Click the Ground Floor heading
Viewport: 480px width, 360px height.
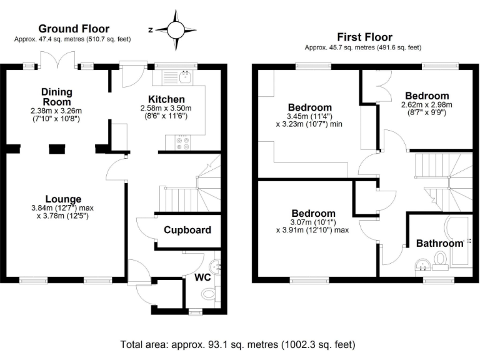(x=74, y=29)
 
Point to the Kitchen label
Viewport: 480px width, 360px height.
(x=166, y=99)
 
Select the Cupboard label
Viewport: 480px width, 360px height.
(x=187, y=230)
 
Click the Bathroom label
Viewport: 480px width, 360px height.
(x=440, y=243)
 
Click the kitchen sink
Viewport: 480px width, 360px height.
(x=184, y=77)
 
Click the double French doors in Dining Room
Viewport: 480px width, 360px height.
(x=57, y=59)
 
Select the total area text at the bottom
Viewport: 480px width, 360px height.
(x=238, y=344)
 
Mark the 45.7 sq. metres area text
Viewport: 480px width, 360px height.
(x=362, y=47)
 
